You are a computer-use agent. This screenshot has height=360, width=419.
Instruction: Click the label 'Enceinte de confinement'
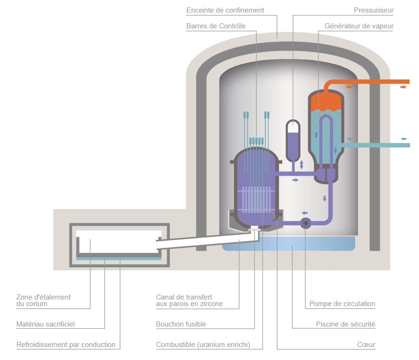coord(225,10)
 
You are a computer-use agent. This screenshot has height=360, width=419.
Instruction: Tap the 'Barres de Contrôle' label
coord(216,26)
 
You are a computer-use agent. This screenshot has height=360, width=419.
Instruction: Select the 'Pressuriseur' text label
coord(373,10)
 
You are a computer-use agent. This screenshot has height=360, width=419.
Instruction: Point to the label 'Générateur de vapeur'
coord(359,26)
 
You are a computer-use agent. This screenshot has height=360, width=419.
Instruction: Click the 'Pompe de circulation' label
coord(342,304)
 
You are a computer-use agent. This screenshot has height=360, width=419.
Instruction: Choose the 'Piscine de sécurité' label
coord(345,324)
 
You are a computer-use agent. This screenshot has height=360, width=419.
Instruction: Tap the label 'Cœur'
coord(366,345)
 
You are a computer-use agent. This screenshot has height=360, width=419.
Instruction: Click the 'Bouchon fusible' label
coord(181,324)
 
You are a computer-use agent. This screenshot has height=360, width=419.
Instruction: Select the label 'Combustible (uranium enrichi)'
coord(203,345)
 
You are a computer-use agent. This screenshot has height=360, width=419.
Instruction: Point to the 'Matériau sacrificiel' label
coord(45,324)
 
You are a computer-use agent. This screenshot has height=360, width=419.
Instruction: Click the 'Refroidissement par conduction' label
coord(66,345)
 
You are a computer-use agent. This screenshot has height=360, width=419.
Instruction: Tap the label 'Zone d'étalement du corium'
coord(43,300)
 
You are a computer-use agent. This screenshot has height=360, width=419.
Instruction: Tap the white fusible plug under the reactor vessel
coord(254,229)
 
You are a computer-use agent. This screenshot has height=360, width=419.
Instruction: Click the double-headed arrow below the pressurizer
coord(302,164)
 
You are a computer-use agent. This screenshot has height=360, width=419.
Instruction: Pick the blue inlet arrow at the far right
coord(404,139)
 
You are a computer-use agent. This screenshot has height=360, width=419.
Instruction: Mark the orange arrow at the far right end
coord(404,87)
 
